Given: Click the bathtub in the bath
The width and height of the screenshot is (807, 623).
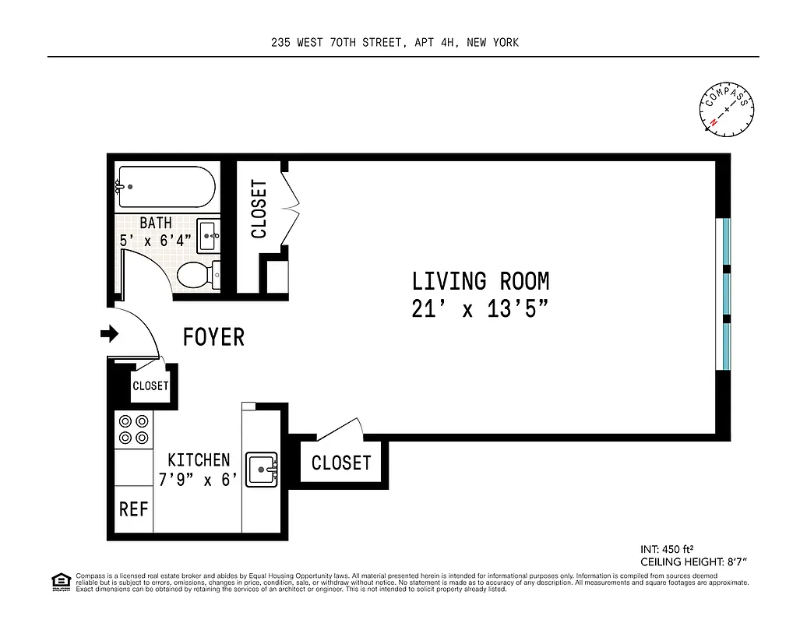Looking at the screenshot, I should tap(165, 187).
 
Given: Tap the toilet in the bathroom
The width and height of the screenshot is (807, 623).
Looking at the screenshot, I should tap(196, 275).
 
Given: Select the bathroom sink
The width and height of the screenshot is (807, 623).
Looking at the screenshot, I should tap(209, 235).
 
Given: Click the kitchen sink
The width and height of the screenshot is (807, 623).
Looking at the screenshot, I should tap(263, 470).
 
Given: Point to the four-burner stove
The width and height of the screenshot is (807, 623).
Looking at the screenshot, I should tap(133, 429).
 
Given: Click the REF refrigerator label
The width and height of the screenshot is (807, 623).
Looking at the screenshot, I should tap(133, 509).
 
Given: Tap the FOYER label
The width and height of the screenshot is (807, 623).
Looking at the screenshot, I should tap(213, 337).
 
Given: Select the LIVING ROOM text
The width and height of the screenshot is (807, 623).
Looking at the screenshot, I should tap(481, 281).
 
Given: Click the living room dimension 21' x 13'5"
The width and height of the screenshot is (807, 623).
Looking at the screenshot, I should tap(481, 309).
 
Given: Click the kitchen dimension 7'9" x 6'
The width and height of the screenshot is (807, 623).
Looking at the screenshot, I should tap(197, 480).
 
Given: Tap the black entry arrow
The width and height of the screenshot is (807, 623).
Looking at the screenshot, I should tap(109, 334).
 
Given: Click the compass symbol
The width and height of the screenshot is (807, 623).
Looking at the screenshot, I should tap(727, 109).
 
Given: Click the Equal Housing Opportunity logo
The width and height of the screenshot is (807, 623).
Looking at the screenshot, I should tap(59, 580).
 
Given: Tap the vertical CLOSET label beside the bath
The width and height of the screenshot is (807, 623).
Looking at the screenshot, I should tap(259, 209).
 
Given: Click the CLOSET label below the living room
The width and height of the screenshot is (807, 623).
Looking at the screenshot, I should tap(341, 463).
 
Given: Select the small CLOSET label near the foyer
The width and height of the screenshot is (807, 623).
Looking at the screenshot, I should tap(150, 386).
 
